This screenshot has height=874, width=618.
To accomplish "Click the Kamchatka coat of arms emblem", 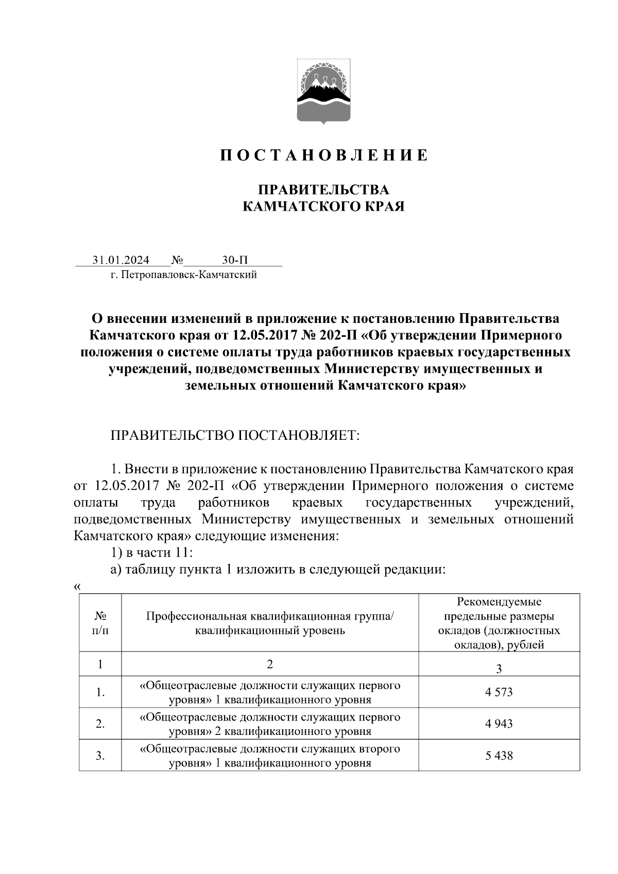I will (x=324, y=92).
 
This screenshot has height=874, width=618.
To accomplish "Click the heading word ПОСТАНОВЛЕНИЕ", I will (x=324, y=155).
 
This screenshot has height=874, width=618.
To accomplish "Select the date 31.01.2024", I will (x=121, y=260).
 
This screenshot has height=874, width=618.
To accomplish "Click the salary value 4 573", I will (x=499, y=692).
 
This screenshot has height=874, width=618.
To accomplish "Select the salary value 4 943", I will (x=499, y=724).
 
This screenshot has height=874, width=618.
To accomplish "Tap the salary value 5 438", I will (x=499, y=756).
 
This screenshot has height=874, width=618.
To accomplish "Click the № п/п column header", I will (x=100, y=623).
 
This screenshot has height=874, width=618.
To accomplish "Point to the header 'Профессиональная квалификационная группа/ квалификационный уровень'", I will (x=270, y=623).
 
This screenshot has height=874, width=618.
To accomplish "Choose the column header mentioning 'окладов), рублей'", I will (x=499, y=623).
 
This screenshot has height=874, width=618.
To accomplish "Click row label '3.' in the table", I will (x=100, y=756).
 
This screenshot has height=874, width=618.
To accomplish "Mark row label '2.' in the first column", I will (x=100, y=724).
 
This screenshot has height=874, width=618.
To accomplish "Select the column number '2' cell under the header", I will (x=270, y=664).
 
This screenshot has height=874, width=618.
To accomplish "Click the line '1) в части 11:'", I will (x=152, y=553).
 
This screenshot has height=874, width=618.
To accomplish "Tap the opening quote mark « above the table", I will (x=78, y=587).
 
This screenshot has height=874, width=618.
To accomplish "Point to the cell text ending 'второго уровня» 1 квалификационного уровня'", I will (x=270, y=756).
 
